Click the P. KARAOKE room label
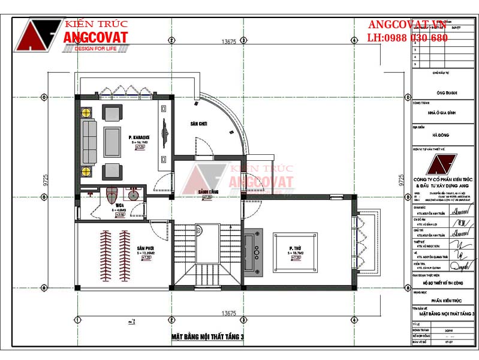[138, 137]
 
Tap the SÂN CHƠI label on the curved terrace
[198, 124]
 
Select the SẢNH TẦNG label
[207, 191]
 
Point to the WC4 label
[120, 205]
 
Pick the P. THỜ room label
[294, 248]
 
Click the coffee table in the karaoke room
[112, 142]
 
